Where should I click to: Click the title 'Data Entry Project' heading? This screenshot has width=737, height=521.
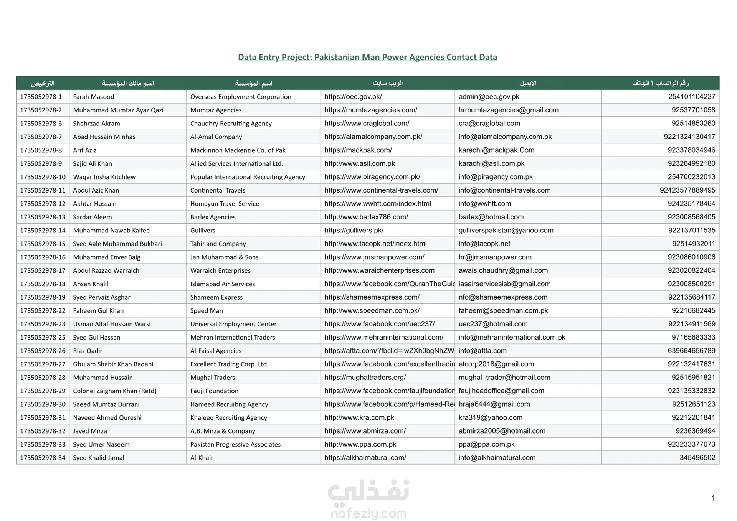[367, 57]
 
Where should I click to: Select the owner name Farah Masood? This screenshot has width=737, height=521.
[93, 97]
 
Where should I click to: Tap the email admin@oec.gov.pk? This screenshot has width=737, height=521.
[489, 97]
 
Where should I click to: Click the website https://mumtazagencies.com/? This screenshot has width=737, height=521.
[370, 110]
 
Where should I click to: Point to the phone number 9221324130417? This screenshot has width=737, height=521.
[689, 137]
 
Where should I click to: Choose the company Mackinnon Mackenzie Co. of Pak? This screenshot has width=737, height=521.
[238, 150]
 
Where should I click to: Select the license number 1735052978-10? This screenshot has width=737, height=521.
[43, 177]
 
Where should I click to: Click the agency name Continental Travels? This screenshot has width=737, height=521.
[218, 190]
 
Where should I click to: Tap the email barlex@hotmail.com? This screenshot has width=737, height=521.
[491, 217]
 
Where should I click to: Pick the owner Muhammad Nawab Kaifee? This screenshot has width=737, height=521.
[111, 230]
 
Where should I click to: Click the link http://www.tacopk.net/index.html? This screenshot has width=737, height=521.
[375, 244]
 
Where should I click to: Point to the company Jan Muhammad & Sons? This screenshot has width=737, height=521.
[224, 257]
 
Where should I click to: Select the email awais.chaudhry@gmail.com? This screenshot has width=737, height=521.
[503, 270]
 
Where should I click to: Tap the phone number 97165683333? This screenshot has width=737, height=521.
[693, 337]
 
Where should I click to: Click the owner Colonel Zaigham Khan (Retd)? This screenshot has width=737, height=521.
[115, 391]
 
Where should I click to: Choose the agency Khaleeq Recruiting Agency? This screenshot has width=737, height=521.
[228, 417]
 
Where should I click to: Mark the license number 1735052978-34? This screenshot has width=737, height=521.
[43, 458]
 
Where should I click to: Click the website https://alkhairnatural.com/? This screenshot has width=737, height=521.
[365, 458]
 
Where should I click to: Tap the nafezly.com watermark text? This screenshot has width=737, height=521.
[368, 513]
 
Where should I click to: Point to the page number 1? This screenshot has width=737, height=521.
[713, 498]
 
